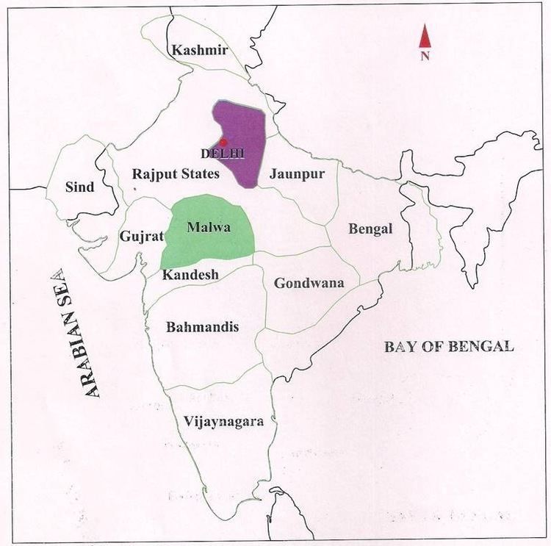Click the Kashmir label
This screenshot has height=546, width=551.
199,50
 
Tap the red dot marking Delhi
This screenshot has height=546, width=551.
223,142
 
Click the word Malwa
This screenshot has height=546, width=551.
209,227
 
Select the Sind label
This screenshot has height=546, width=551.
79,187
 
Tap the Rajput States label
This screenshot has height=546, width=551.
176,174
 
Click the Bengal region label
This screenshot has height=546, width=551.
370,229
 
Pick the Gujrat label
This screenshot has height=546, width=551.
140,237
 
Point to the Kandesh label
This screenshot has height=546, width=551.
191,275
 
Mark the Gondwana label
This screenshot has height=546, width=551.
309,283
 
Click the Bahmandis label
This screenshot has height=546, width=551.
202,327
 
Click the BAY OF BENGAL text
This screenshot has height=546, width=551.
449,347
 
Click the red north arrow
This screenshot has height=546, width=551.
425,35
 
